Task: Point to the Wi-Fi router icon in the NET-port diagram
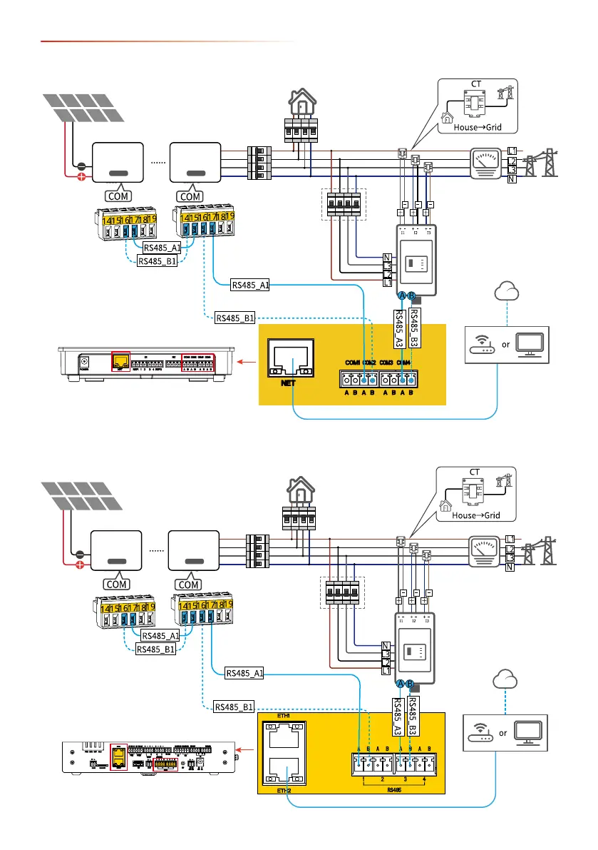pyautogui.click(x=485, y=345)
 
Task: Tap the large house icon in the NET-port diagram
pyautogui.click(x=299, y=104)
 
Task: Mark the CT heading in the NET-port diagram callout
pyautogui.click(x=475, y=85)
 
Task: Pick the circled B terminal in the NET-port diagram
pyautogui.click(x=411, y=296)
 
